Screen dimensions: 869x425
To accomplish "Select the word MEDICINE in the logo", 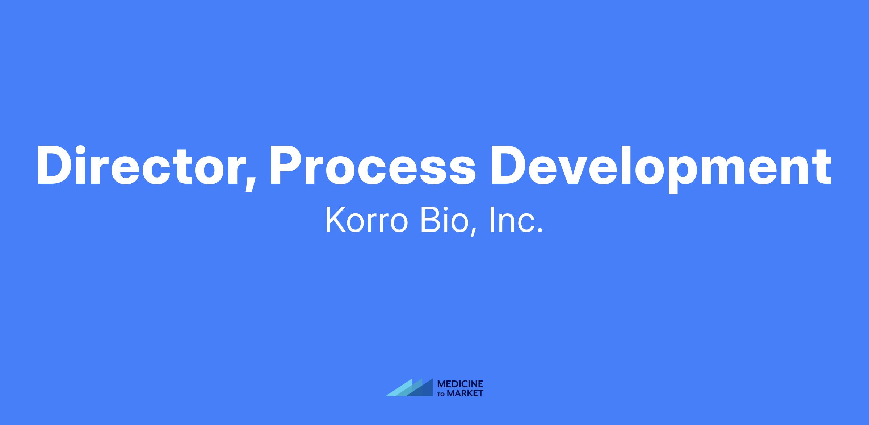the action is (460, 384).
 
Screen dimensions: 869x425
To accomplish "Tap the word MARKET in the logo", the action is (465, 393).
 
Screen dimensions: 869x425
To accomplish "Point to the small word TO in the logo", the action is (441, 394).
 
